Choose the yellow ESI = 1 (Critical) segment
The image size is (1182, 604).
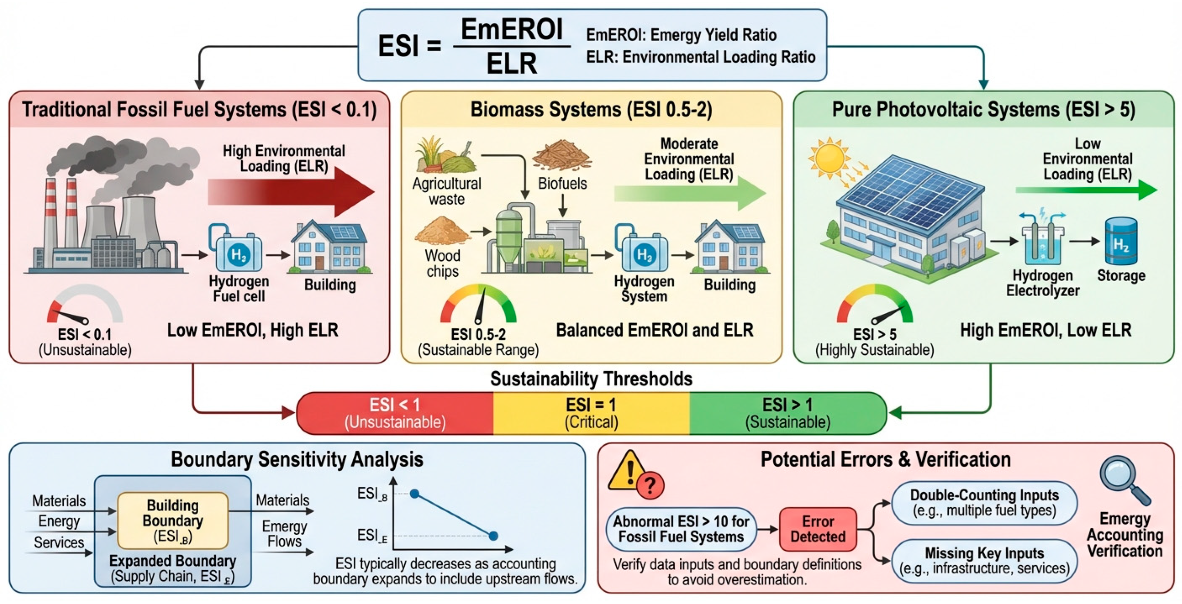tap(591, 413)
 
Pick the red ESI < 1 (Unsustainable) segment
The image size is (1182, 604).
tap(395, 413)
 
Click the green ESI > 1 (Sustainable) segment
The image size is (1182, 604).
tap(788, 413)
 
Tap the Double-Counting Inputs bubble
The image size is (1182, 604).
tap(984, 503)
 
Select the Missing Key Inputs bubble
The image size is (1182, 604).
tap(984, 561)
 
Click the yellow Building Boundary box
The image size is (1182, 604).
tap(173, 521)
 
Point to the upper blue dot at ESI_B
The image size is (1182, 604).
tap(414, 494)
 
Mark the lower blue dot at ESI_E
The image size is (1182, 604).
tap(493, 536)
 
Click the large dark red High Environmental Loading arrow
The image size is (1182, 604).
tap(291, 192)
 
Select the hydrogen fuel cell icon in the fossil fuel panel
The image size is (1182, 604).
tap(237, 248)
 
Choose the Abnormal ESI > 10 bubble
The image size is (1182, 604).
tap(681, 529)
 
